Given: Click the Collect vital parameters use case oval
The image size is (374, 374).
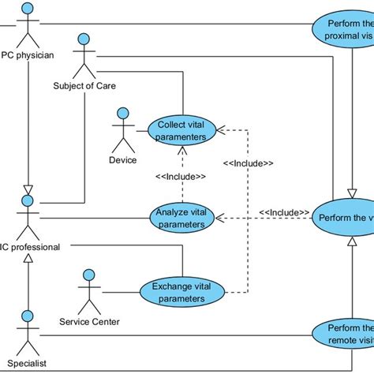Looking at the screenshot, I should coord(182,130).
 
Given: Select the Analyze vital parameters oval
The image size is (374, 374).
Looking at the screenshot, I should coord(182,219).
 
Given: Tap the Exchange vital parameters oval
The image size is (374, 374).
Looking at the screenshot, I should coord(182,291).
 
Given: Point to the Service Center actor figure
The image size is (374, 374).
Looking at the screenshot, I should coord(88,291).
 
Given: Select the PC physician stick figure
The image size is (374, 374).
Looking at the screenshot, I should coord(29,24).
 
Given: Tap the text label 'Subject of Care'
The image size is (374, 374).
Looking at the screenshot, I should coord(84,85).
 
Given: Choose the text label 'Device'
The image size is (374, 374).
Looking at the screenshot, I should coord(122,160).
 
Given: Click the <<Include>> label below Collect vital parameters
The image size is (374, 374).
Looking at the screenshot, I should coord(181,177).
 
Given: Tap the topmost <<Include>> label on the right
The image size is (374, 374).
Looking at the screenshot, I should coord(248,163).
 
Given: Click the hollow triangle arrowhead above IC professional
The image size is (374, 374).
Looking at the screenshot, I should coord(29,189).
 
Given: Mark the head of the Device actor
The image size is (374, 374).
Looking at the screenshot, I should coord(122,114).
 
